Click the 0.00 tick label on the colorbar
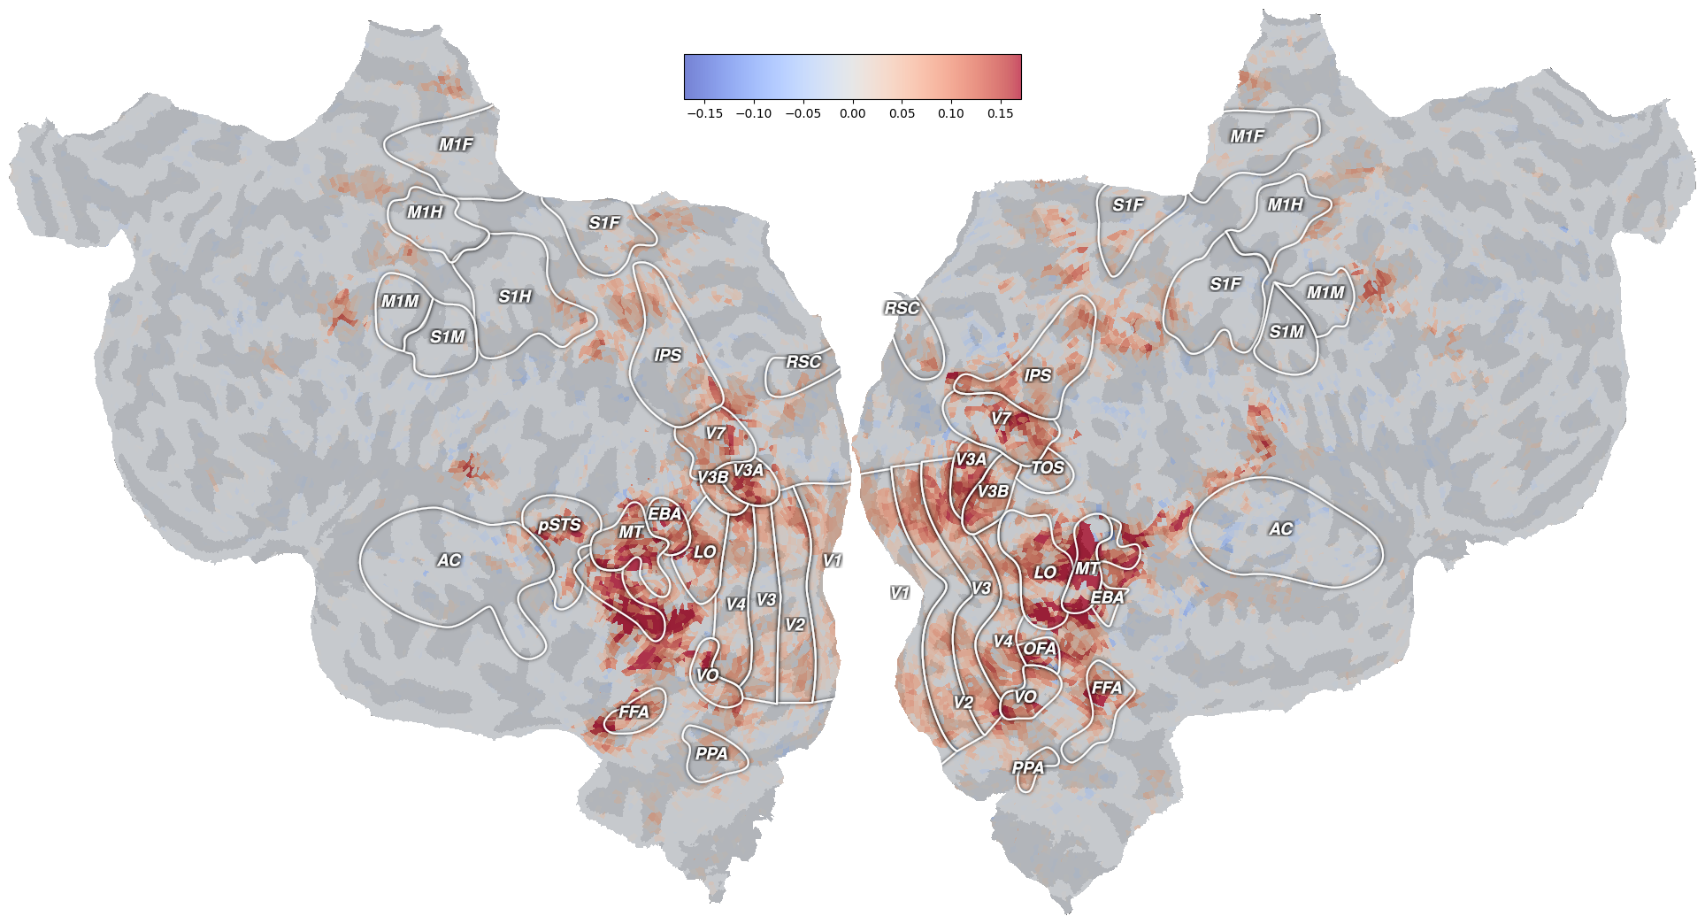pos(852,113)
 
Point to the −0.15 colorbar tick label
pos(704,113)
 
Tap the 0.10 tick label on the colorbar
pos(951,113)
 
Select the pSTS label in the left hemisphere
pos(559,525)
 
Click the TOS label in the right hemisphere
pos(1048,467)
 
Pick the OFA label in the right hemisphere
pos(1040,649)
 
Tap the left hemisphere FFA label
pos(634,712)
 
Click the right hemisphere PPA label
pos(1028,767)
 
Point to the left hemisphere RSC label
pos(803,361)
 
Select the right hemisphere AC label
pos(1280,529)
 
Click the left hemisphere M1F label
pos(456,144)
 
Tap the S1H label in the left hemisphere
pos(515,296)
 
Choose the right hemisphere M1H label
pos(1285,204)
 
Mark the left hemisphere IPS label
pos(667,355)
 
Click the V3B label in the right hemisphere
pos(993,491)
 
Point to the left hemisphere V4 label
pos(735,604)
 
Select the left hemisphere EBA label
pos(664,513)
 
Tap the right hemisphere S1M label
pos(1286,332)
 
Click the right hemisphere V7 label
pos(1001,419)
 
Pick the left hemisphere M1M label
pos(400,302)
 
